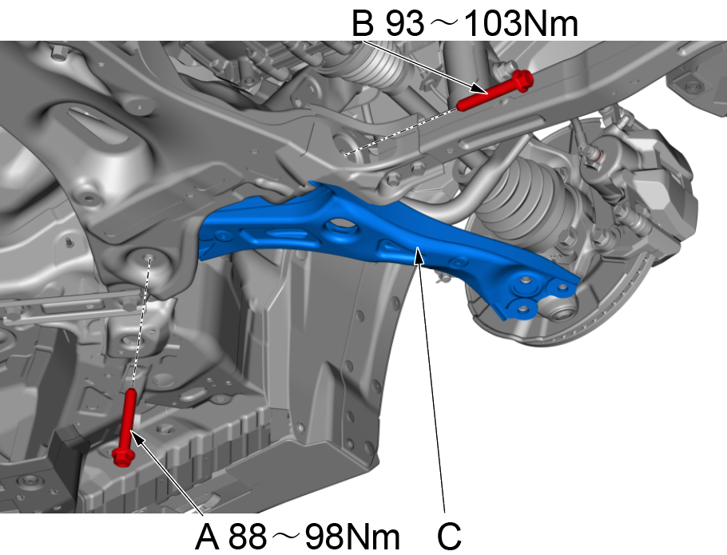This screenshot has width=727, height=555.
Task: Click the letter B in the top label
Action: pos(363,23)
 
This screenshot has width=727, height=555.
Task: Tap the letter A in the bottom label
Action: pos(207,536)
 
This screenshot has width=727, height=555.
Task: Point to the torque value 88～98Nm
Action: pos(314,536)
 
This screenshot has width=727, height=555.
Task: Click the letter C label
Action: pos(449,536)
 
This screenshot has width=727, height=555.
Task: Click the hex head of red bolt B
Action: pos(523,81)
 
